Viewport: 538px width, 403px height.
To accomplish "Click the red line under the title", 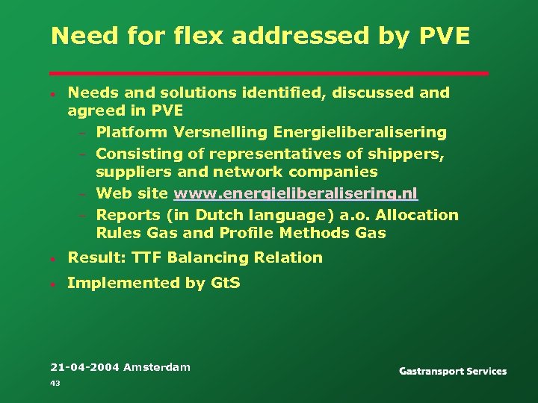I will point(269,73).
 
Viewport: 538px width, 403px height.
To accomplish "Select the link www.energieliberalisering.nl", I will point(295,194).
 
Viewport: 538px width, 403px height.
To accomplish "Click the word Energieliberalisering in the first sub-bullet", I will point(360,133).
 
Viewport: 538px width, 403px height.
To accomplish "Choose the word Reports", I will point(125,215).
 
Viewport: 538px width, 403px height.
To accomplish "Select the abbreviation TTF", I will point(146,257).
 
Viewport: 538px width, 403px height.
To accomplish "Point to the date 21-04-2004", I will point(84,366).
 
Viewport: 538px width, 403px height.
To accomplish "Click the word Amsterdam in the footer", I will point(157,366).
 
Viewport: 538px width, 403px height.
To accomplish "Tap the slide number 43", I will point(55,383).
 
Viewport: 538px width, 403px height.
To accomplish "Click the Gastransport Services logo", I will point(453,371).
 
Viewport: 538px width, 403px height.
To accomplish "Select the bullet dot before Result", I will point(55,259).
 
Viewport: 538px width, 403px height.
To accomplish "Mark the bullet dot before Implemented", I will point(55,284).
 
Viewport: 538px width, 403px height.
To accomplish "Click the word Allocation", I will point(417,215).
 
